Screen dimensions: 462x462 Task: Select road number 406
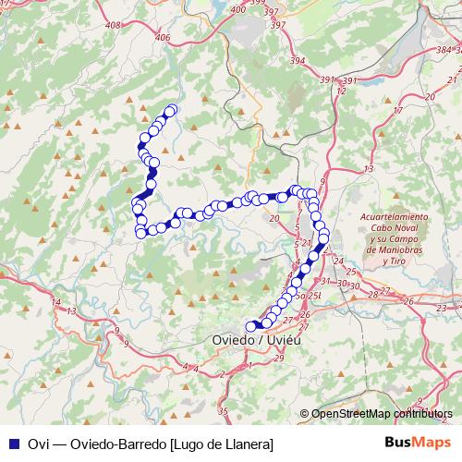(164, 37)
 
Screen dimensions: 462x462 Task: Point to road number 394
(297, 59)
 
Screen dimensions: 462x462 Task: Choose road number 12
(341, 90)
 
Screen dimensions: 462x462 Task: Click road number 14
(56, 302)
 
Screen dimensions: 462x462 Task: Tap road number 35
(222, 410)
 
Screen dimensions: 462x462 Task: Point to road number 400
(238, 8)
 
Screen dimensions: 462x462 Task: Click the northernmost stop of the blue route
(171, 111)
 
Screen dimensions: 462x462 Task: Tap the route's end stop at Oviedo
(249, 325)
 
